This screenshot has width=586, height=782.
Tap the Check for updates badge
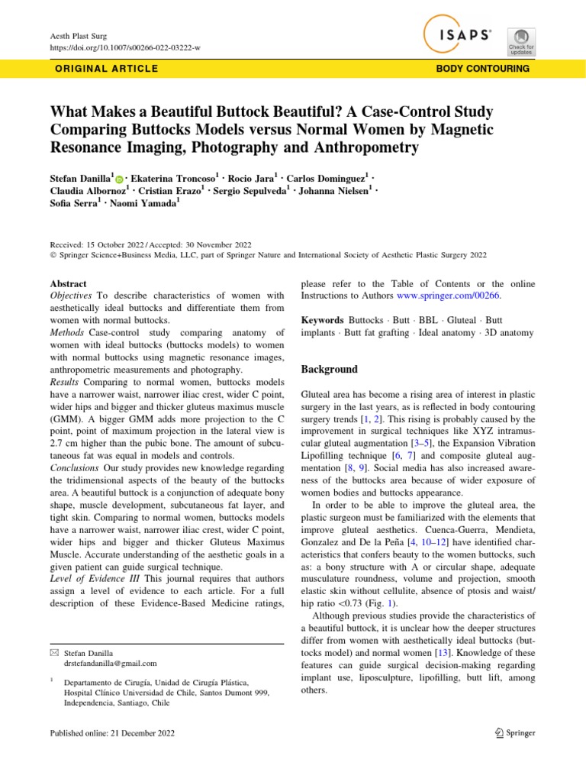point(522,40)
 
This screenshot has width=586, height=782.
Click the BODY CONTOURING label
point(482,69)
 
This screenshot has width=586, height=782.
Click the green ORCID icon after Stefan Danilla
point(120,178)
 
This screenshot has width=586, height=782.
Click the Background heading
point(329,369)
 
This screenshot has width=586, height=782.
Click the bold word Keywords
point(322,321)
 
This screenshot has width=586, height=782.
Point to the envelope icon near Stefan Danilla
point(53,653)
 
